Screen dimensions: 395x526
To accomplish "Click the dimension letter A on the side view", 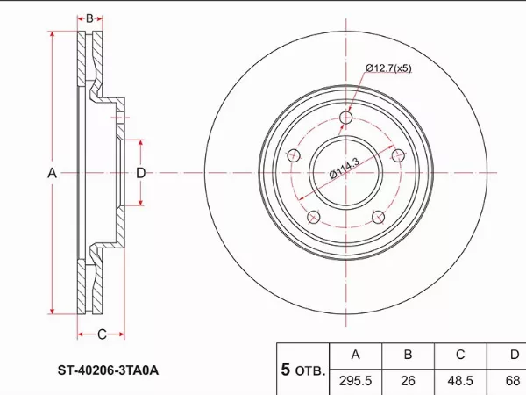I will click(x=52, y=173).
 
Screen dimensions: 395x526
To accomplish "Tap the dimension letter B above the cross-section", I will click(x=89, y=18).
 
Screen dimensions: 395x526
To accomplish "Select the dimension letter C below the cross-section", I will click(x=102, y=334).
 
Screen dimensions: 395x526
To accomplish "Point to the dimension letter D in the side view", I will click(x=140, y=173).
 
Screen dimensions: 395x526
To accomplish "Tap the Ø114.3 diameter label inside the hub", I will click(x=345, y=167).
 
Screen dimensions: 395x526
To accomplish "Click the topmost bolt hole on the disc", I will click(x=346, y=118).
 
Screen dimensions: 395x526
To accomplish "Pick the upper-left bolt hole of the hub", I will click(x=295, y=156).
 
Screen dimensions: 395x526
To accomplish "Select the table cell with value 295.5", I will click(x=355, y=382).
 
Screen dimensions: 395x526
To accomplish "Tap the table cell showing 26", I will click(x=407, y=382).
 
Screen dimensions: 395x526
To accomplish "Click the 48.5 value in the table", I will click(x=460, y=382).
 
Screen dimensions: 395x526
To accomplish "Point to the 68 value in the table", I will click(x=512, y=382).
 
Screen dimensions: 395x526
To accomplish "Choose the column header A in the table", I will click(x=355, y=355).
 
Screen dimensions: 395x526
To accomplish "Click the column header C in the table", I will click(x=460, y=355).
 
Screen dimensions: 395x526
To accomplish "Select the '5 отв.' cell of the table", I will click(x=302, y=370).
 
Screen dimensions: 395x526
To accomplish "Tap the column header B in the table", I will click(x=407, y=355).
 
